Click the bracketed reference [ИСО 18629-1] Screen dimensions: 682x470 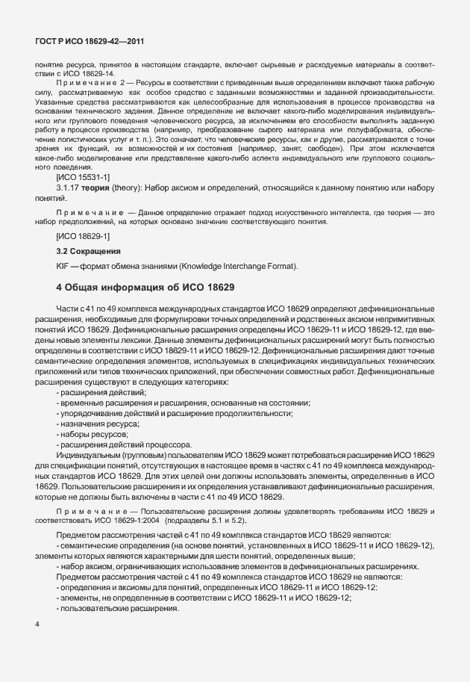(83, 236)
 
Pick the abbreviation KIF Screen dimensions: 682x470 (63, 266)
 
